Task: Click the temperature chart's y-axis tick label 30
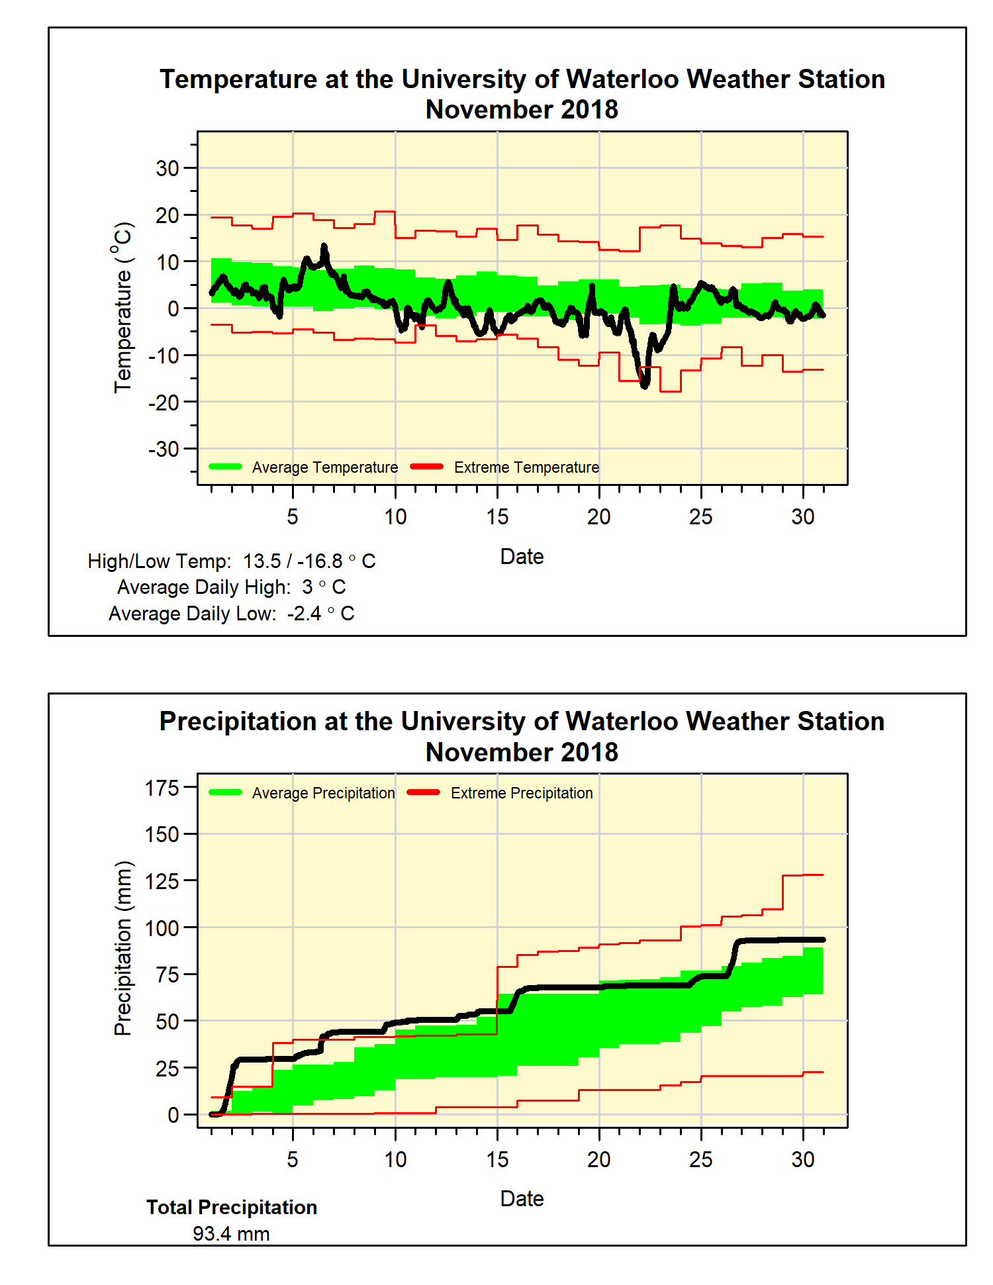click(x=167, y=168)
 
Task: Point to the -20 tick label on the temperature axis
click(x=164, y=402)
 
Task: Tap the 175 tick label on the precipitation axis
click(x=162, y=788)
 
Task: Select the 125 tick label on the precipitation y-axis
click(x=162, y=881)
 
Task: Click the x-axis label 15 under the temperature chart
click(x=497, y=516)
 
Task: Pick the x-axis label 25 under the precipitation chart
click(x=700, y=1159)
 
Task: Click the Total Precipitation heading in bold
click(x=232, y=1208)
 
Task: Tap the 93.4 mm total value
click(x=231, y=1234)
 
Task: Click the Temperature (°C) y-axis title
click(x=123, y=307)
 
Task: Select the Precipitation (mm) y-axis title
click(x=123, y=948)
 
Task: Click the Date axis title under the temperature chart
click(x=522, y=557)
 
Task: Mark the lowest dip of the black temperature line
click(x=644, y=385)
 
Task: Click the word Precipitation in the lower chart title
click(x=238, y=722)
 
